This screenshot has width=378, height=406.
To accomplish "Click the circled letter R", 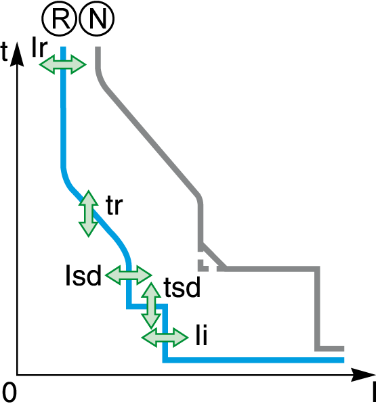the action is coord(60,18).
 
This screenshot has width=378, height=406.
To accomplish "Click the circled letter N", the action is coord(96,18).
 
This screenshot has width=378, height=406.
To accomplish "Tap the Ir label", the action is coord(39,47).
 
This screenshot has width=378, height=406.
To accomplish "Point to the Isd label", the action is coord(83,275).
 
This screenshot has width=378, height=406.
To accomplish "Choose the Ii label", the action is coord(202,336).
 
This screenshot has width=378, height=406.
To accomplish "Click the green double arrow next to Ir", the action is coord(62,64).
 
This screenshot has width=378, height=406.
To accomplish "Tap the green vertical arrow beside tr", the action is coord(89,214).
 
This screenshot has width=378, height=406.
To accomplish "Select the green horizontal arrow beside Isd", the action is coord(128,275).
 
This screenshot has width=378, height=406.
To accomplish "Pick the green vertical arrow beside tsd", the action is coord(151,306).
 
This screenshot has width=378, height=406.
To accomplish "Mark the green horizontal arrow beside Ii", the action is coord(165,338).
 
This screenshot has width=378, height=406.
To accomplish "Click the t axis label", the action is coord(5,51).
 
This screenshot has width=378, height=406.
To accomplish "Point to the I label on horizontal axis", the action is coord(373,392).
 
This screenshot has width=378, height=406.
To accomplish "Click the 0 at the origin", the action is coord(9,392).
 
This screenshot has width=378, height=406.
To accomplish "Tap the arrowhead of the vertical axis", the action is coord(17,54).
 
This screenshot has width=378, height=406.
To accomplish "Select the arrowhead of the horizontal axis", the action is coord(363,375).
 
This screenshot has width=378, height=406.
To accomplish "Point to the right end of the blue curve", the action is coord(343,360).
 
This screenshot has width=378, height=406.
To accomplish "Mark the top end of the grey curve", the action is coord(98,47).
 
